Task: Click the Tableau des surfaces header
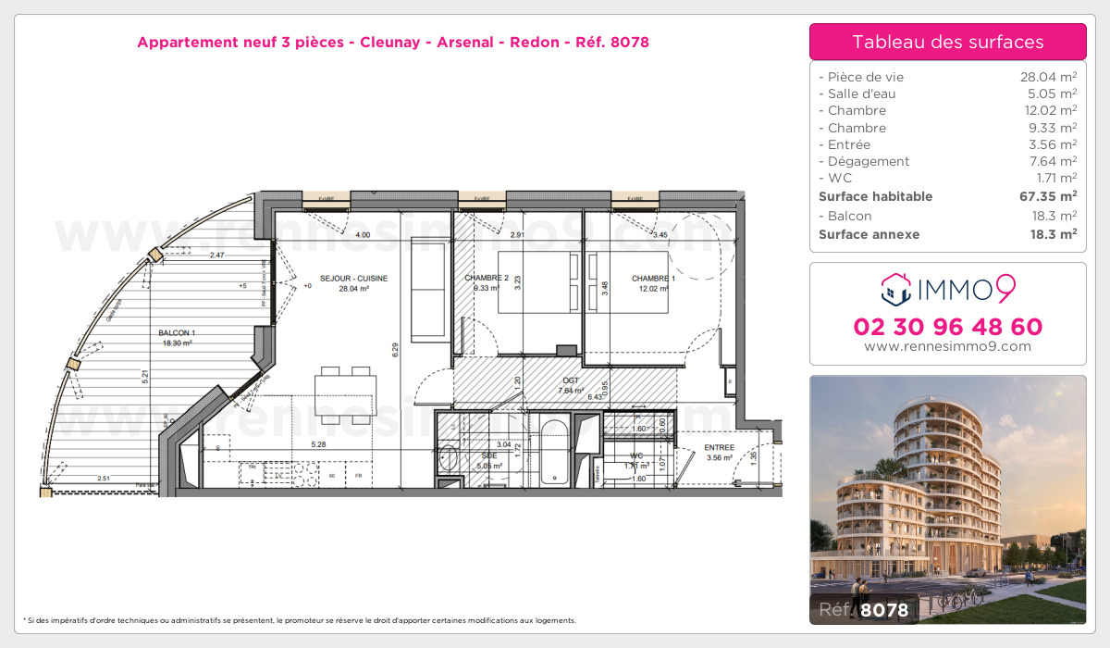947,42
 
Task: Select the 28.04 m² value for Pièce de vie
1048,77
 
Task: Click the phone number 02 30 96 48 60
947,327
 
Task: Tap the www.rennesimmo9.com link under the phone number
947,346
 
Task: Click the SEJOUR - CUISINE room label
354,279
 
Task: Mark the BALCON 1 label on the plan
177,332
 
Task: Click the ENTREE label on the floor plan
719,448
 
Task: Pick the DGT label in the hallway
570,380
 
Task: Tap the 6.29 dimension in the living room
395,349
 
